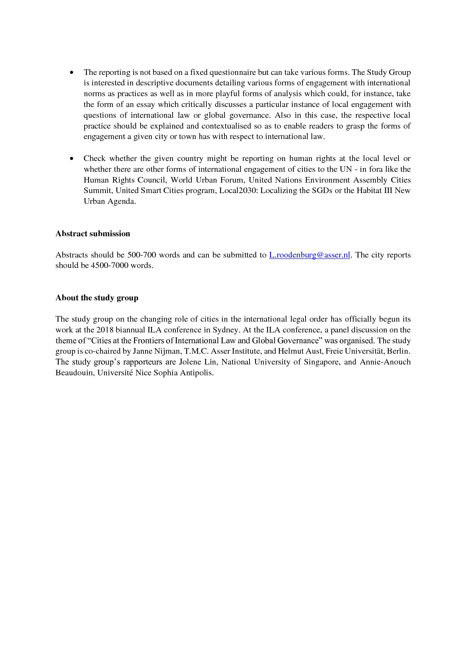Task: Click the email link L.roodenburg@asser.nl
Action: coord(309,255)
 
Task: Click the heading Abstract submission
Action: coord(93,233)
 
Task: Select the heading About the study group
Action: coord(97,298)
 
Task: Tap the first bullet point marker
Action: coord(72,73)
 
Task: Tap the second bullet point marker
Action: coord(72,159)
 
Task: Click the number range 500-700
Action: coord(142,255)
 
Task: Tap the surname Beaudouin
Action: coord(74,373)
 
